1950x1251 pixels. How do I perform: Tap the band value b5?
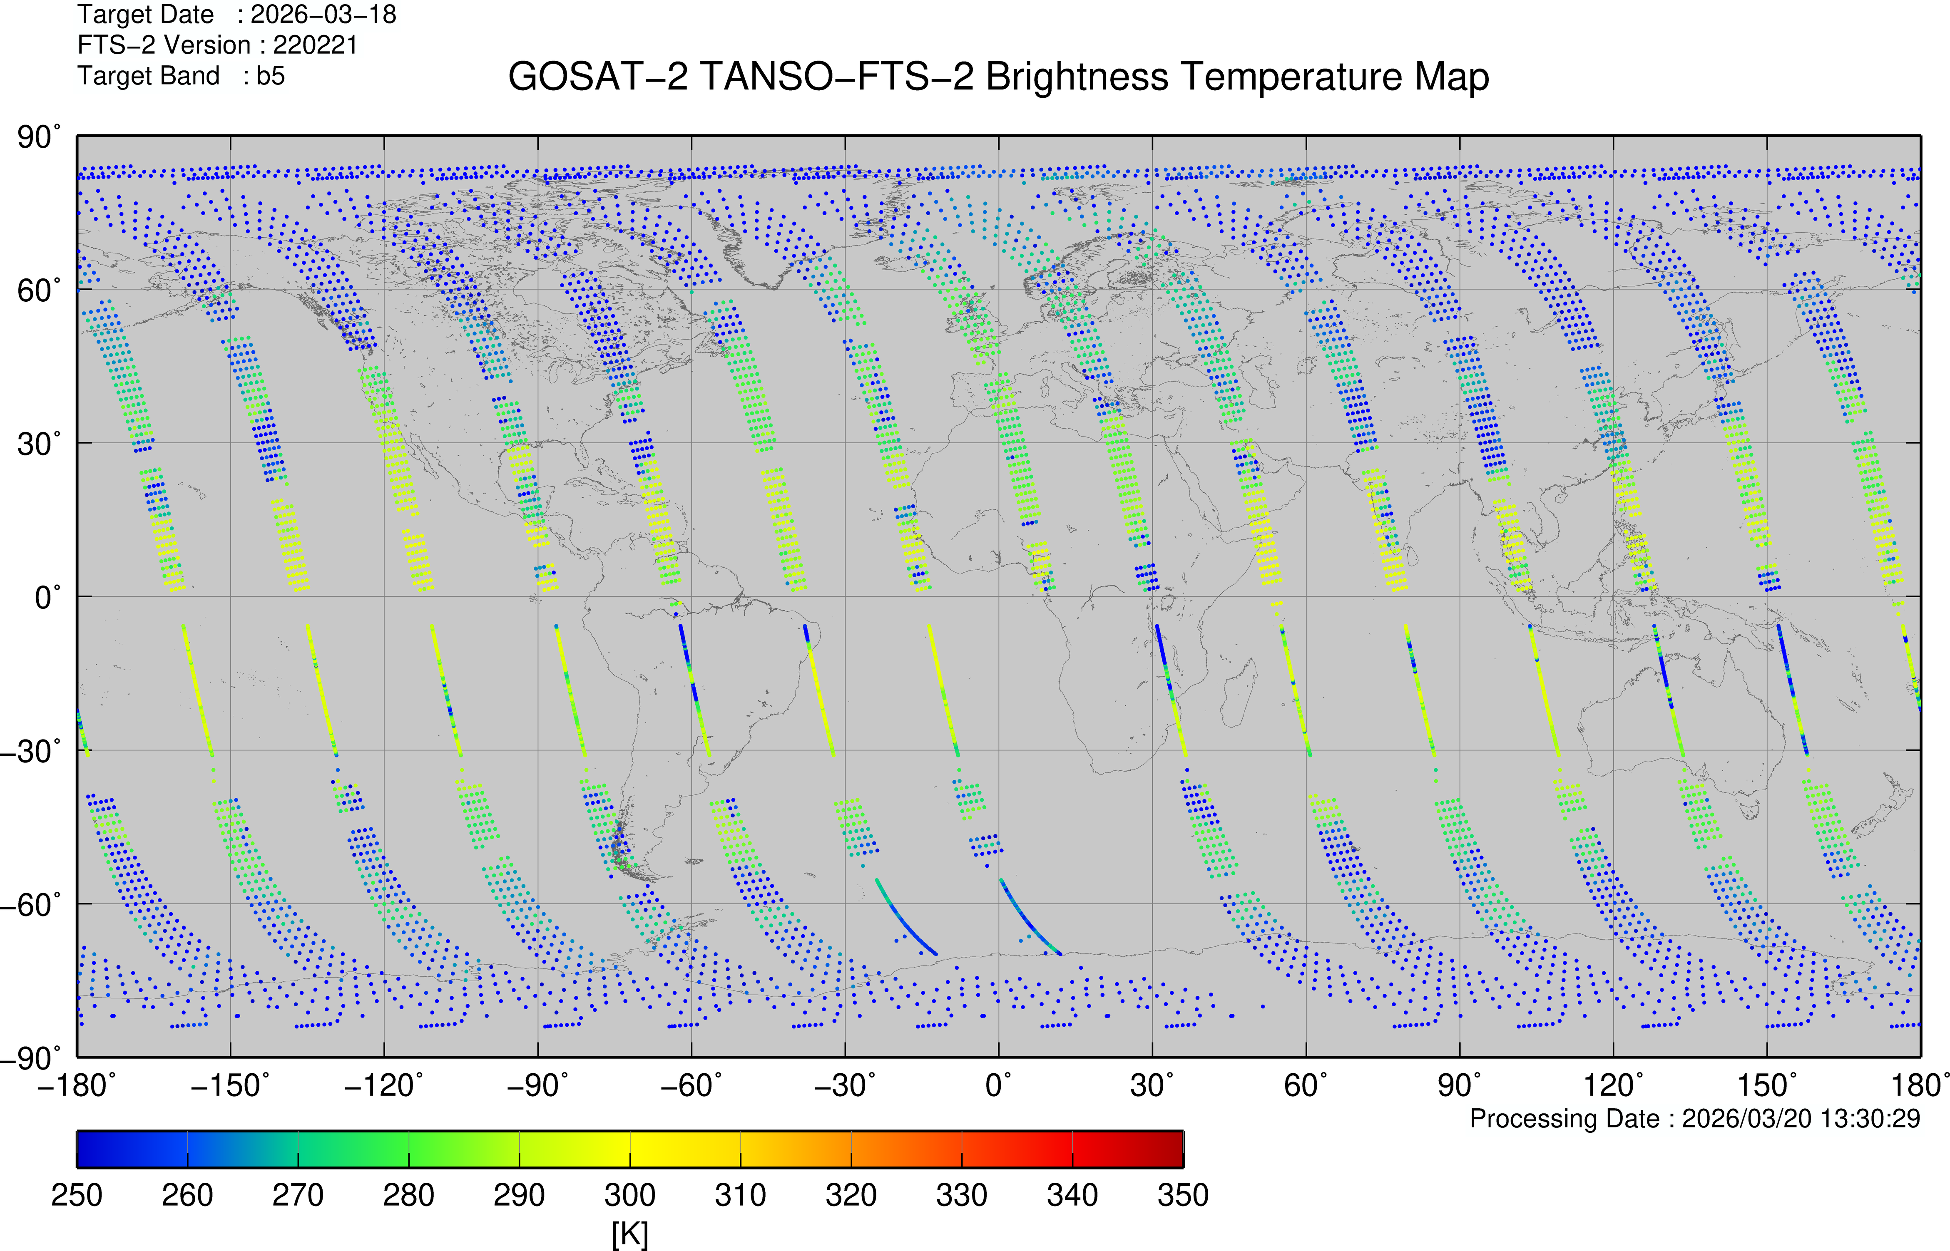coord(271,76)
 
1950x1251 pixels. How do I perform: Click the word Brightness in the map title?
coord(1077,77)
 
